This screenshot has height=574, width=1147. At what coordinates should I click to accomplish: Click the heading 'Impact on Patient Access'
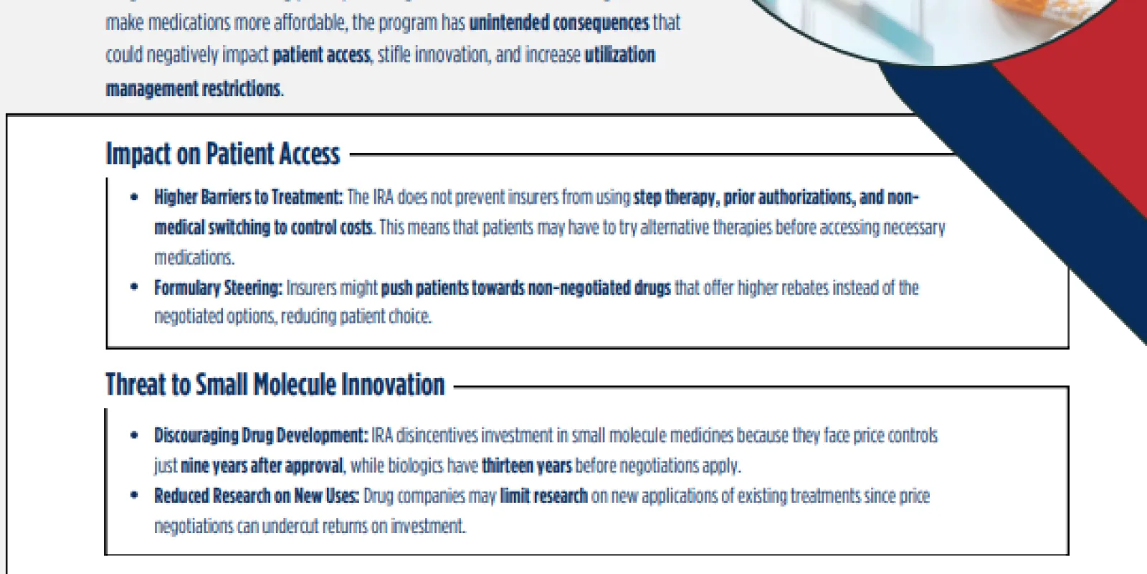tap(223, 154)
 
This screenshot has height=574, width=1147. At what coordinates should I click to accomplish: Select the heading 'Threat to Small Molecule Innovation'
tap(275, 385)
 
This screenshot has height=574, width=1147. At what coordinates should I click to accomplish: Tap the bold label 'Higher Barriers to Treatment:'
tap(248, 197)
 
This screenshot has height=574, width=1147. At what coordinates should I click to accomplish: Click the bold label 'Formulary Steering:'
tap(218, 288)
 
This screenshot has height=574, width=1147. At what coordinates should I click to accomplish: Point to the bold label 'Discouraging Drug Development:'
tap(261, 436)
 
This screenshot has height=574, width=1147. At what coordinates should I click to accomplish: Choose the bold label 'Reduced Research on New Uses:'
tap(257, 496)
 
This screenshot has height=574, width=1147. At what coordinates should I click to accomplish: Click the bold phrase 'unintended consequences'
tap(559, 23)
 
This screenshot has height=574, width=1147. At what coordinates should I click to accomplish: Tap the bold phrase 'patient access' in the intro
tap(322, 55)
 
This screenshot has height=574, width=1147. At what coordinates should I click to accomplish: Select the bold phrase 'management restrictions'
tap(193, 89)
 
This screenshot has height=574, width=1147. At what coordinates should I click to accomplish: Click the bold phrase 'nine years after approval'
tap(262, 466)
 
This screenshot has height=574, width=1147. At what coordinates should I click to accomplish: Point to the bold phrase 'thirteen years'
tap(526, 466)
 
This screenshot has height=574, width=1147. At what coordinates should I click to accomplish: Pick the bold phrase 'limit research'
tap(544, 496)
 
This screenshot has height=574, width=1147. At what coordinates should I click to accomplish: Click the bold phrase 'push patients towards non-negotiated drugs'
tap(526, 288)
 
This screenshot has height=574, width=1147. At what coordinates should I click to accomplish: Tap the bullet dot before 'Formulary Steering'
tap(135, 287)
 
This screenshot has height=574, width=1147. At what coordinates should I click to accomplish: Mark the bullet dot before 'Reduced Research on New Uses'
tap(135, 495)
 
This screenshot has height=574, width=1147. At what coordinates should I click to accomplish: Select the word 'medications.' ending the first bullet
tap(194, 258)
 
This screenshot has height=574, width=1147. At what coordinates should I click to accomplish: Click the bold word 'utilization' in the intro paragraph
tap(619, 55)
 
